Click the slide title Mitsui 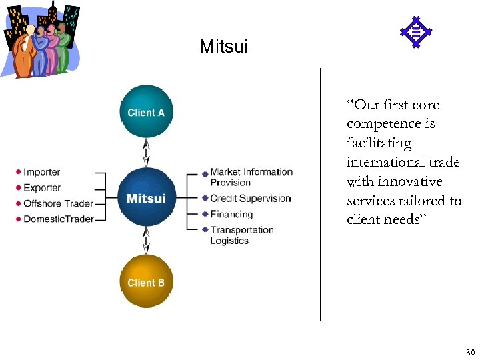tap(223, 47)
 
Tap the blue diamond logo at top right tap(415, 32)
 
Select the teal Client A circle tap(146, 112)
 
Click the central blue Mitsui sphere tap(146, 198)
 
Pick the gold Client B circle tap(146, 282)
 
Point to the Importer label tap(41, 173)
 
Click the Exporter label tap(42, 188)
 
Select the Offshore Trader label tap(58, 203)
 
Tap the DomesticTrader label tap(58, 219)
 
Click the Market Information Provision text tap(251, 177)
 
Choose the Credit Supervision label tap(251, 199)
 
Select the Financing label tap(231, 215)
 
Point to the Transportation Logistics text tap(241, 235)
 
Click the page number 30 tap(470, 351)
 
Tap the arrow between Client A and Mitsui tap(146, 153)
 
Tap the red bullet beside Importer tap(19, 173)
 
